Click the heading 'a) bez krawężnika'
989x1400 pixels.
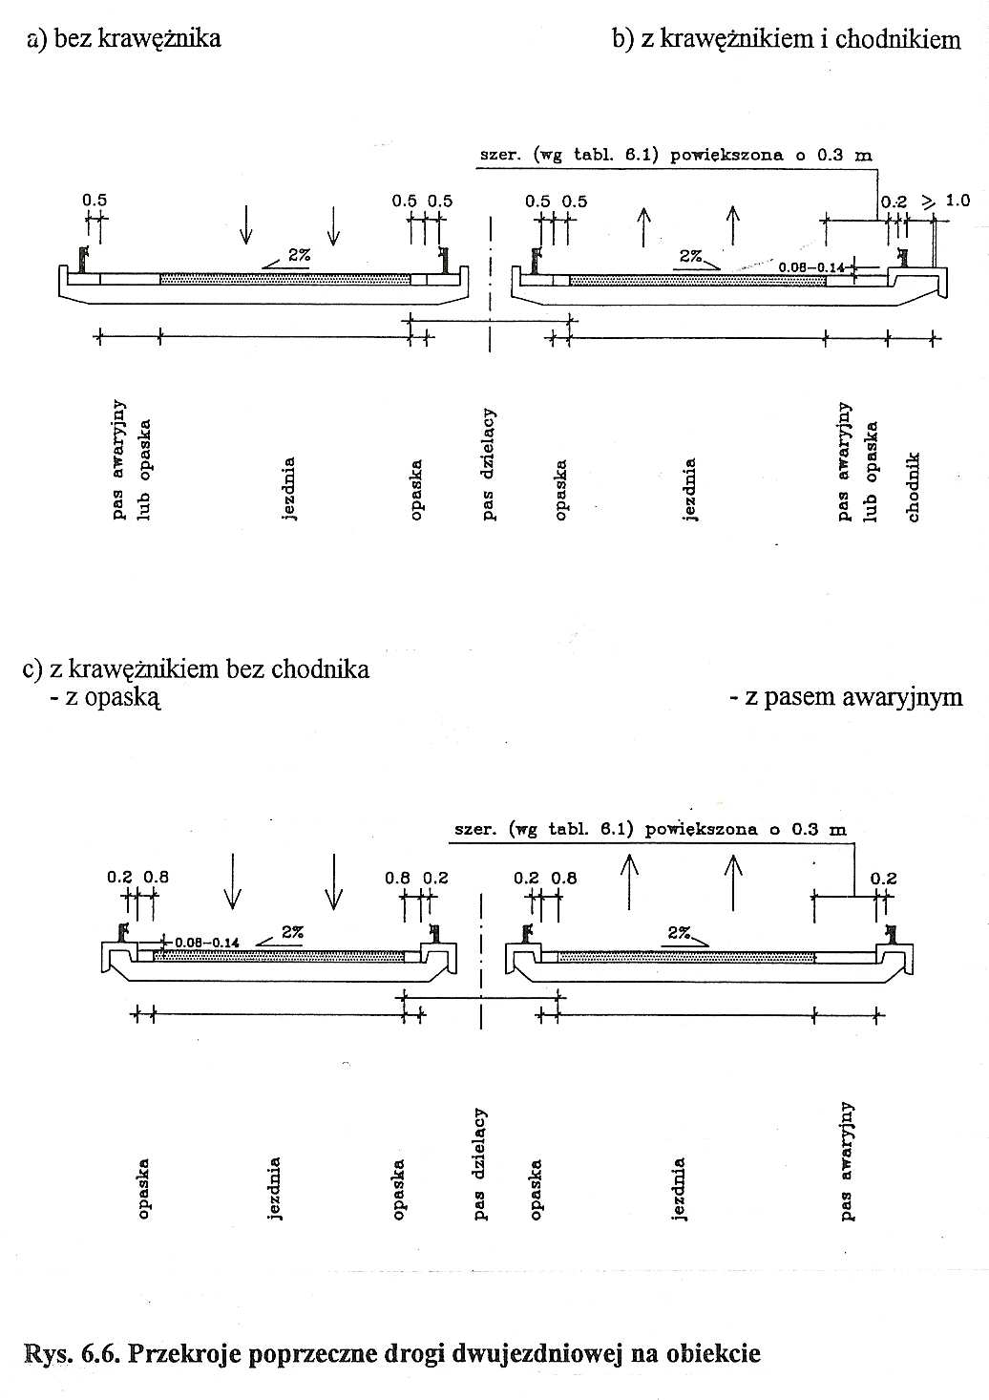pyautogui.click(x=124, y=38)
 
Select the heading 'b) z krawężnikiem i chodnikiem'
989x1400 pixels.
pyautogui.click(x=787, y=39)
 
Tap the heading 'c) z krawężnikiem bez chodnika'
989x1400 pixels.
pyautogui.click(x=196, y=669)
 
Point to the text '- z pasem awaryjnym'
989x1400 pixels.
pyautogui.click(x=846, y=697)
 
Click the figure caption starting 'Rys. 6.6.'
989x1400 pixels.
pyautogui.click(x=392, y=1352)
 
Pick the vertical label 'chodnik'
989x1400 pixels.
pyautogui.click(x=914, y=487)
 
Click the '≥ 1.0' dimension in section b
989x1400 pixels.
pyautogui.click(x=945, y=201)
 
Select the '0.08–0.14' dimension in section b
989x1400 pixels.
pyautogui.click(x=810, y=267)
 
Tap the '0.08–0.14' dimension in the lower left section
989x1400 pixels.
pyautogui.click(x=207, y=943)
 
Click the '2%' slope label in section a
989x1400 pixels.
pyautogui.click(x=299, y=255)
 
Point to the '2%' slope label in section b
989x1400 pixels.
pyautogui.click(x=691, y=256)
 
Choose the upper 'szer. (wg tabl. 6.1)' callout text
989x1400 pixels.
pyautogui.click(x=676, y=155)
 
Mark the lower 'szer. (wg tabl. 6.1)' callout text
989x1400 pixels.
pyautogui.click(x=650, y=829)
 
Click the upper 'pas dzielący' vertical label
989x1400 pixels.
pyautogui.click(x=489, y=464)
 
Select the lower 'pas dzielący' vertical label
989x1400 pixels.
pyautogui.click(x=480, y=1163)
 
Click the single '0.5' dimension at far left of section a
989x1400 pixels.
pyautogui.click(x=95, y=200)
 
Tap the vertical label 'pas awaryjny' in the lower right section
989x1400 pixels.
pyautogui.click(x=847, y=1160)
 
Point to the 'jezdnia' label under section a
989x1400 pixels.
pyautogui.click(x=288, y=489)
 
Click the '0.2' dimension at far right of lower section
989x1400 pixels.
pyautogui.click(x=883, y=879)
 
